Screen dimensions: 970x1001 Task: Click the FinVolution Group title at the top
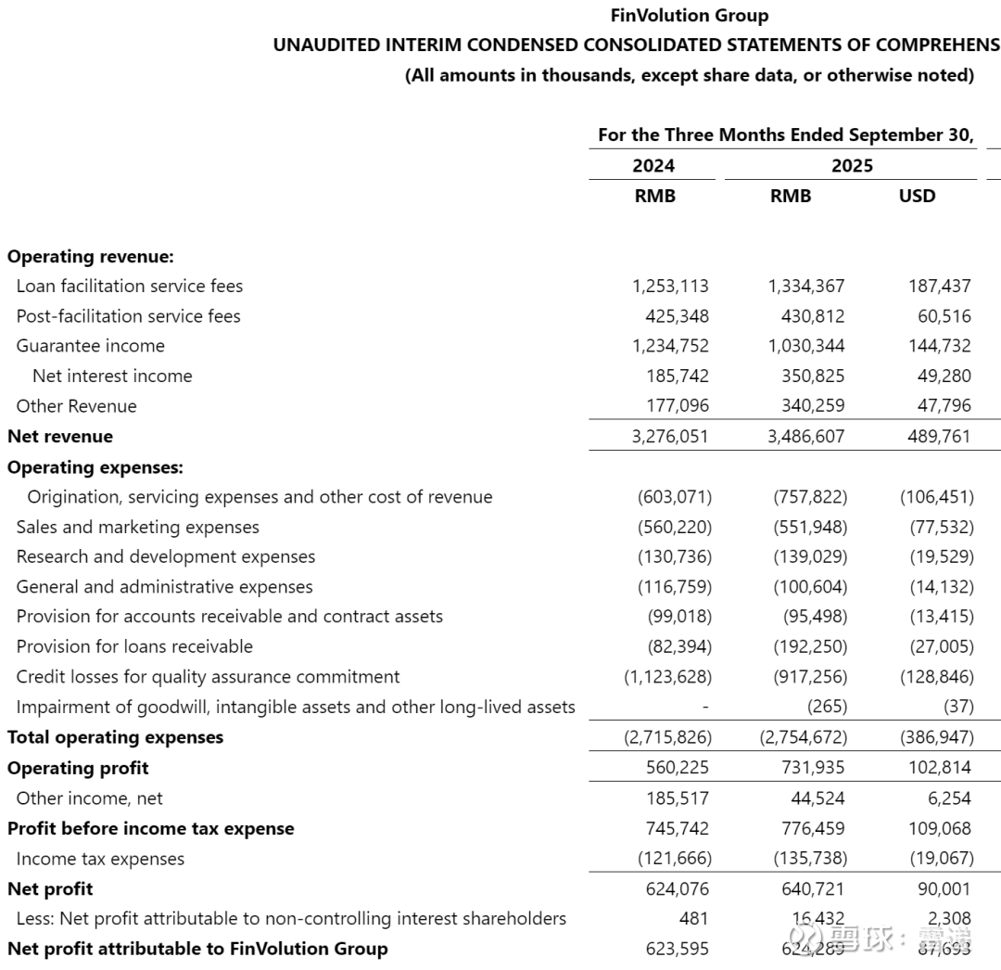690,16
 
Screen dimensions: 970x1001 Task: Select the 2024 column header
653,166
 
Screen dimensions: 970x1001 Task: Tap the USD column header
917,196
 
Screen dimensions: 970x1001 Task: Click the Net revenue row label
60,436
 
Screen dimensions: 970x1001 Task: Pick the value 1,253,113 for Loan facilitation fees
670,286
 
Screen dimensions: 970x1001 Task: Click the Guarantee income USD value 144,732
940,346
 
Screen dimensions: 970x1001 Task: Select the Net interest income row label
112,376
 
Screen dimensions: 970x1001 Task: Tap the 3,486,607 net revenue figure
806,436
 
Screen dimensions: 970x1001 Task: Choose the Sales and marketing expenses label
137,527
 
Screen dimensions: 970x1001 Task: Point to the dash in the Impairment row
705,707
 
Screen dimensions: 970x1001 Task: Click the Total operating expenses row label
115,737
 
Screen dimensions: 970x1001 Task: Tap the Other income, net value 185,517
677,798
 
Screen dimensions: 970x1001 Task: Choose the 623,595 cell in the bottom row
677,949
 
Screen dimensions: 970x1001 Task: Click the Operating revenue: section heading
90,256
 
